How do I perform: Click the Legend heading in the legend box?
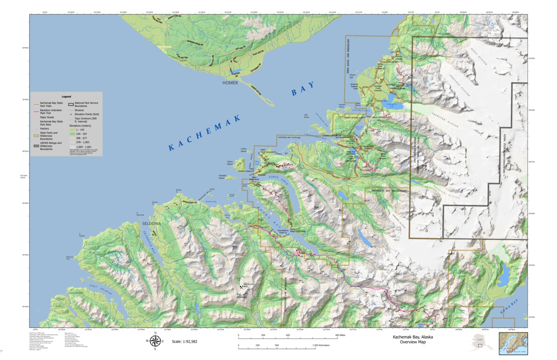pos(66,97)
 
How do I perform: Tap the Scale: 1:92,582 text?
pos(185,342)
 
